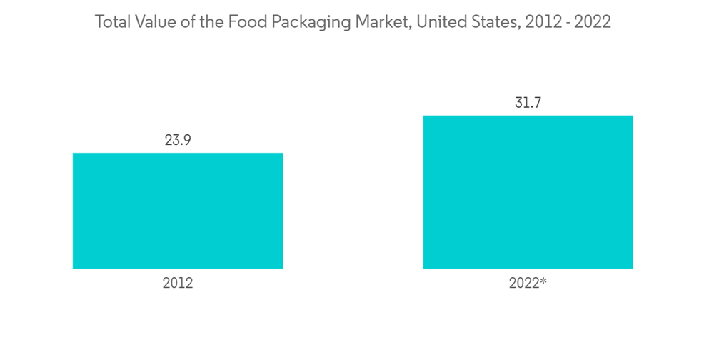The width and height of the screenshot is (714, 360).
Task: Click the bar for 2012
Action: click(x=178, y=211)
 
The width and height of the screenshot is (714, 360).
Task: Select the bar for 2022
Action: click(x=528, y=191)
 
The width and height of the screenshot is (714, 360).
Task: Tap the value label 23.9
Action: click(x=178, y=140)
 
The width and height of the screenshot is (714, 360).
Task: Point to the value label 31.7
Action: click(x=528, y=103)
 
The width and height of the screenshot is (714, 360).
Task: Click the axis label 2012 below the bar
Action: click(x=178, y=283)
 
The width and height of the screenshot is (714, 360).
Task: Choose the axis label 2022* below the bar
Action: click(x=528, y=283)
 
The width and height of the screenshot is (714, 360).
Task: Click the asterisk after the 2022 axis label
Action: click(x=543, y=281)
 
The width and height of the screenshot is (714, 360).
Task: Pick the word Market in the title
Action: click(x=374, y=22)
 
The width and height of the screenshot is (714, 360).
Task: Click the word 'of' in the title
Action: click(x=188, y=22)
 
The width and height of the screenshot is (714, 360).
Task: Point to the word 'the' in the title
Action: click(x=212, y=22)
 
